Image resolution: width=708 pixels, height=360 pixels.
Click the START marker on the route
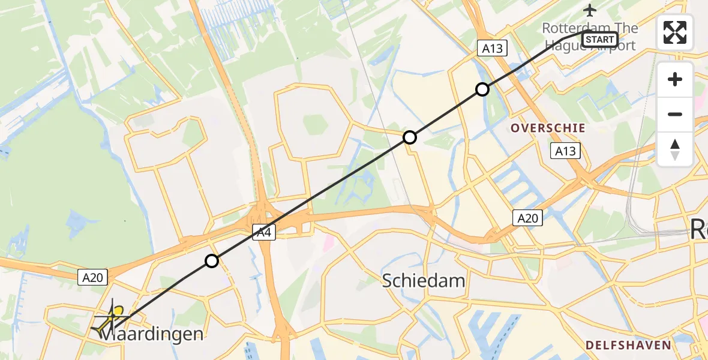pos(599,40)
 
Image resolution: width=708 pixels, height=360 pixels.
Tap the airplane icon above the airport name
pos(590,10)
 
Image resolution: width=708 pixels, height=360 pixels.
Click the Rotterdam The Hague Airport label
pos(589,37)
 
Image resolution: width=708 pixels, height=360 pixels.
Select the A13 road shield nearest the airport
pos(492,48)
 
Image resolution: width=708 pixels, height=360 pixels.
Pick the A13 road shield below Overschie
pos(565,151)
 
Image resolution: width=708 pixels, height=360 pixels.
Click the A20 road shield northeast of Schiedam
pos(528,218)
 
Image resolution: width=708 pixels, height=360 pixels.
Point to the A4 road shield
pos(263,233)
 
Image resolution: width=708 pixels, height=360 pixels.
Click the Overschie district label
pos(547,128)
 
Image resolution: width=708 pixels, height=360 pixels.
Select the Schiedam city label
pos(423,280)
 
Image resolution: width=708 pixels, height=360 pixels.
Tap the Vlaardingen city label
pos(150,334)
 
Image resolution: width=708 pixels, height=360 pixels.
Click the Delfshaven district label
pos(628,344)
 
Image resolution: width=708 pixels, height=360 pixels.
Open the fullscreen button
pos(675,32)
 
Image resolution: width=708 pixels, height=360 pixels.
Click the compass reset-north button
pos(675,149)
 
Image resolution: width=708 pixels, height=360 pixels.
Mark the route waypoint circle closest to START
pos(482,90)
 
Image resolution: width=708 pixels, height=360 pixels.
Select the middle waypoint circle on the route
pos(410,137)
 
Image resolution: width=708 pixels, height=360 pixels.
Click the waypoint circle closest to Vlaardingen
pos(211,261)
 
